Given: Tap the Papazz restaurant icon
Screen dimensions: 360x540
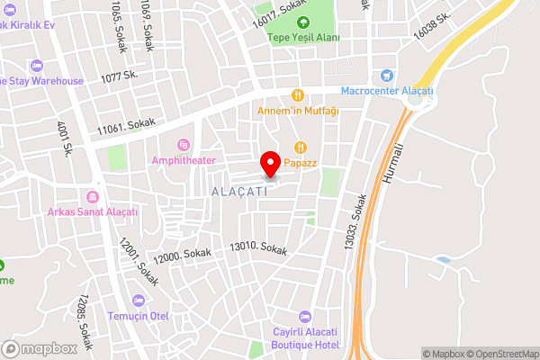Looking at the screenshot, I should coord(301,148).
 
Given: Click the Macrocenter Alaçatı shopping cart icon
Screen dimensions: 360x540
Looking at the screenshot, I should coord(387,76).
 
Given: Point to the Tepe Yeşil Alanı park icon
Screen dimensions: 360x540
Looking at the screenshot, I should coord(303,22).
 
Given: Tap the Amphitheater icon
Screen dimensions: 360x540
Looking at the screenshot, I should coord(184,144).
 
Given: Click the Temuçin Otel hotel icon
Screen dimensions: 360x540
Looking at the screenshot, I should coord(138,300).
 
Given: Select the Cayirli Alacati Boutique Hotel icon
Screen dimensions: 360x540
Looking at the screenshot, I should coord(305,317).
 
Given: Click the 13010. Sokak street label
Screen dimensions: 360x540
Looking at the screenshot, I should coord(258,247).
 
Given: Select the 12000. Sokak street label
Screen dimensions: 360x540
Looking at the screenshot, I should coord(182,256).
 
